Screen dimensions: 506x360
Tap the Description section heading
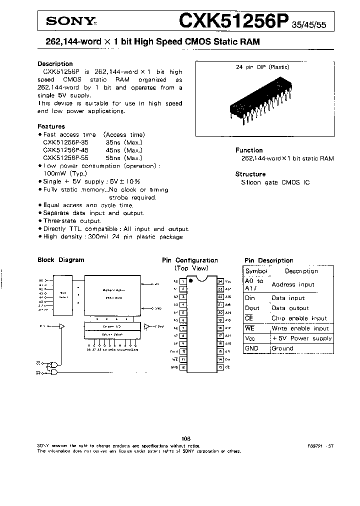(55, 64)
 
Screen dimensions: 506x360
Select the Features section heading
(51, 126)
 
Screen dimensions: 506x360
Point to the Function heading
(248, 150)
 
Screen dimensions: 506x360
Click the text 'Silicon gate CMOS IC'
(275, 182)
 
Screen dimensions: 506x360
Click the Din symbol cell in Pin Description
(250, 298)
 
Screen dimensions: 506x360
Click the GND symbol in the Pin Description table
(251, 348)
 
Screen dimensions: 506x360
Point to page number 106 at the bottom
(186, 439)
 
